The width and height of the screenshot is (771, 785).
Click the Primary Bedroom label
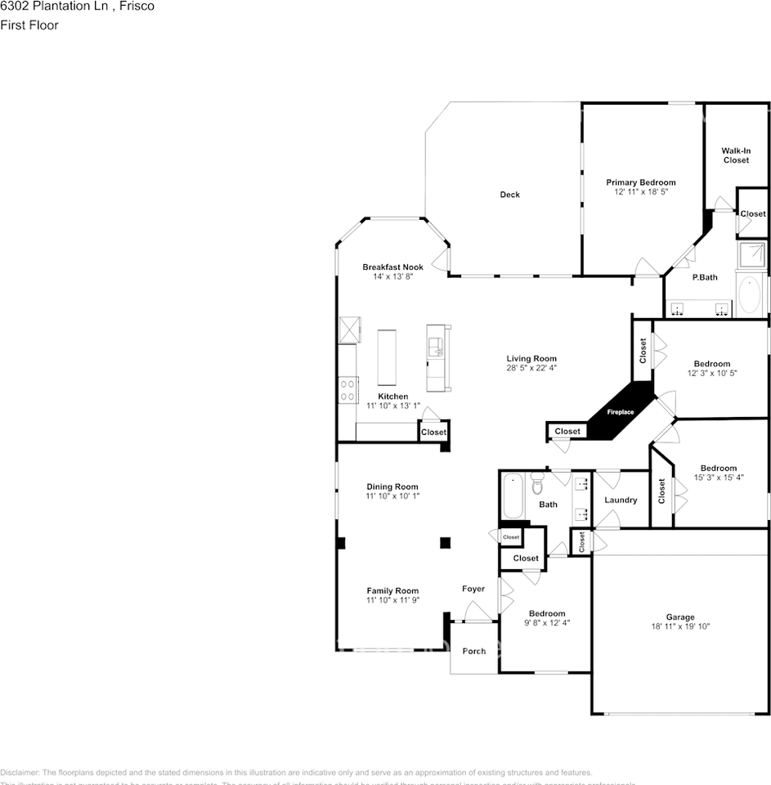pyautogui.click(x=640, y=182)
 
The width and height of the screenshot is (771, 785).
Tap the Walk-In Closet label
pyautogui.click(x=735, y=155)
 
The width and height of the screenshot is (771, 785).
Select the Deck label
pyautogui.click(x=509, y=195)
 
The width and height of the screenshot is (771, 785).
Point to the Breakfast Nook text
pyautogui.click(x=392, y=267)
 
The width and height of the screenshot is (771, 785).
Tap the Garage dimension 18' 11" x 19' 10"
pyautogui.click(x=680, y=627)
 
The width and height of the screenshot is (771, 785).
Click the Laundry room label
pyautogui.click(x=620, y=500)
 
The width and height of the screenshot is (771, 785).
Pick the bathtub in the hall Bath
pyautogui.click(x=513, y=495)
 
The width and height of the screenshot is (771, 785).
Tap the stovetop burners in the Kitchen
pyautogui.click(x=347, y=389)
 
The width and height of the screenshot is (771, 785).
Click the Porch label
pyautogui.click(x=474, y=652)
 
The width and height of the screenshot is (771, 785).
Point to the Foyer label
pyautogui.click(x=473, y=589)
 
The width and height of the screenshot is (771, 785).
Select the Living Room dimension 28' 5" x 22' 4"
pyautogui.click(x=531, y=368)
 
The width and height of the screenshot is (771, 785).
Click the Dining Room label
pyautogui.click(x=392, y=487)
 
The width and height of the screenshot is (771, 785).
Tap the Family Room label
pyautogui.click(x=392, y=590)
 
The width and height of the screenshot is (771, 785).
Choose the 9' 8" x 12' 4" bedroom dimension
pyautogui.click(x=546, y=623)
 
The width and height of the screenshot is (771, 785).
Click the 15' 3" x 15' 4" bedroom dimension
pyautogui.click(x=718, y=478)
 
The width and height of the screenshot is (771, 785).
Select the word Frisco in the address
pyautogui.click(x=137, y=6)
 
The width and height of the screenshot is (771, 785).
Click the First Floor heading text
pyautogui.click(x=29, y=25)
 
